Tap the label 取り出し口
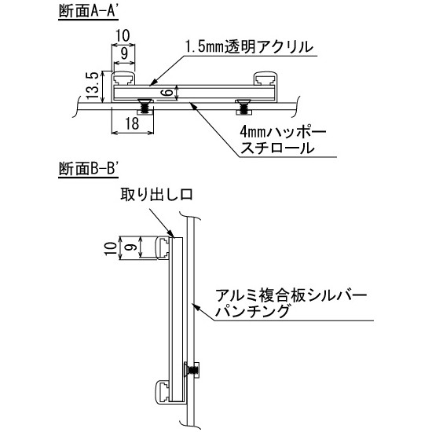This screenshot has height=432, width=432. pos(156,193)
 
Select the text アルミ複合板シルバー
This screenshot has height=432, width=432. pos(295,296)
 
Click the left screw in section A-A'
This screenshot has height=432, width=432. pos(145,103)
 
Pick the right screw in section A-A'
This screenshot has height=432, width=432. pos(244,103)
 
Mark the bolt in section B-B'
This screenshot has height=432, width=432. pos(192,368)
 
